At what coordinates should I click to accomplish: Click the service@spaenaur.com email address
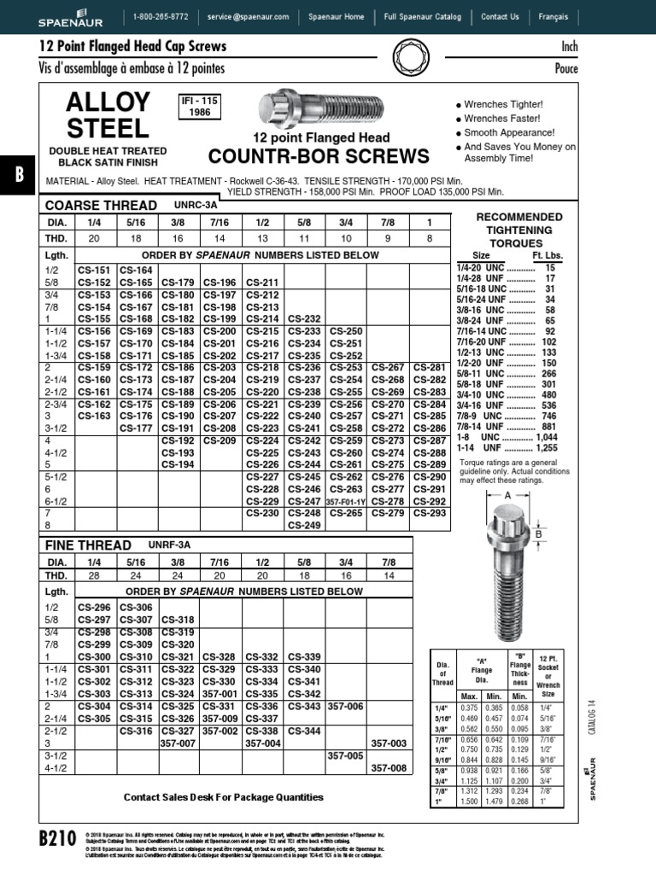tap(249, 16)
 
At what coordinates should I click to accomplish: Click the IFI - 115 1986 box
tap(199, 107)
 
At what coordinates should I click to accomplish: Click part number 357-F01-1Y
tap(346, 501)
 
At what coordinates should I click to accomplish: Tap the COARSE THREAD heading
tap(101, 206)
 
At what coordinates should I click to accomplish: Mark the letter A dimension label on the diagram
tap(508, 495)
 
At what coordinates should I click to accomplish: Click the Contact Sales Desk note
tap(224, 797)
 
